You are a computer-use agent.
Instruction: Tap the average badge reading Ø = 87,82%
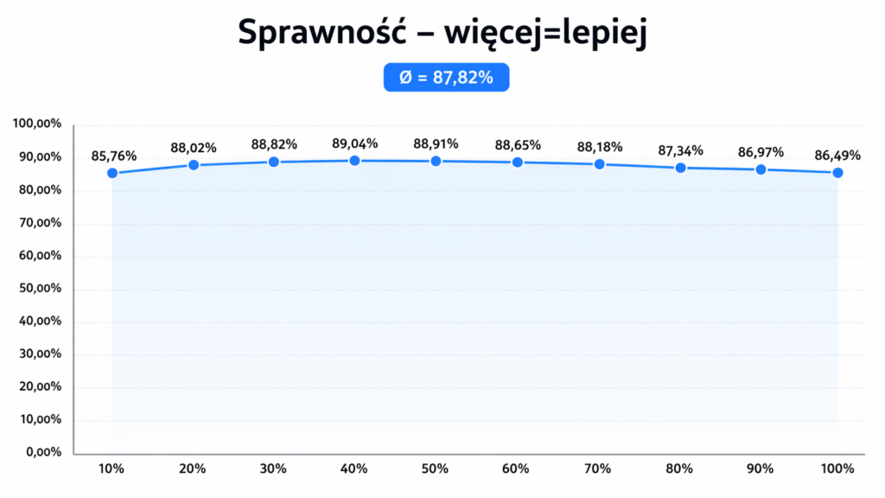tap(446, 78)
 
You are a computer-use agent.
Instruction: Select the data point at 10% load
tap(111, 173)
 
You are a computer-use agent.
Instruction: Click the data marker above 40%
tap(354, 161)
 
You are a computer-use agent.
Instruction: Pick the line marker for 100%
tap(837, 173)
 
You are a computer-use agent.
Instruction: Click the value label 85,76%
tap(113, 156)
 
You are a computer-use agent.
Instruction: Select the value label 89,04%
tap(355, 144)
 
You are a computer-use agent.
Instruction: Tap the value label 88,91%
tap(436, 144)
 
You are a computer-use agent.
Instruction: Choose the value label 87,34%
tap(680, 150)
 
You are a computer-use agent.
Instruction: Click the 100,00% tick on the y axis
tap(37, 124)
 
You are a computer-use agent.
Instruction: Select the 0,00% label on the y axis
tap(42, 452)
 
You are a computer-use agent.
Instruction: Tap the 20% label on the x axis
tap(193, 469)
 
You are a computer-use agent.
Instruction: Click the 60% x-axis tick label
tap(516, 469)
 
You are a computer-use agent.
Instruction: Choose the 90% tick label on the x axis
tap(761, 469)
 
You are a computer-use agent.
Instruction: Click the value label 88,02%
tap(194, 148)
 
